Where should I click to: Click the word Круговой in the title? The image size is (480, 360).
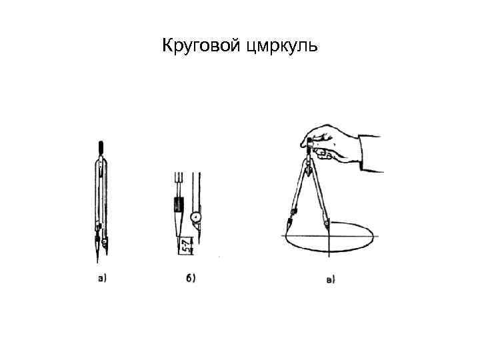[x=201, y=46]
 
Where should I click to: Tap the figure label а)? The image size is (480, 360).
[x=102, y=278]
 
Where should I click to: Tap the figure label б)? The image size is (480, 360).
[x=191, y=278]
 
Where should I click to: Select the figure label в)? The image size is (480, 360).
[x=331, y=280]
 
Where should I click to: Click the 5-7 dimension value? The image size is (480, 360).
[x=185, y=246]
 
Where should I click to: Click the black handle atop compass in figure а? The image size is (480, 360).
[x=101, y=148]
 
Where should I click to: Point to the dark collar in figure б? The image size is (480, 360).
[x=179, y=204]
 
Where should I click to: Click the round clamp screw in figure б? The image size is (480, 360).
[x=196, y=217]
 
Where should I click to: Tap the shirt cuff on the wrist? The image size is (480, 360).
[x=371, y=153]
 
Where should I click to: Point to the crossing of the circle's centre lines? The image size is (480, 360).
[x=329, y=236]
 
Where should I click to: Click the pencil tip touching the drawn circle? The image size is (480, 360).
[x=287, y=233]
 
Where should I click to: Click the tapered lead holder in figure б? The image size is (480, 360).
[x=179, y=224]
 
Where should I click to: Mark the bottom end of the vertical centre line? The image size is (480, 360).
[x=329, y=257]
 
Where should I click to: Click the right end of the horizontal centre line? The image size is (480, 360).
[x=379, y=236]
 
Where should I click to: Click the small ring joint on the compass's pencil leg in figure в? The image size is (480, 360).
[x=294, y=211]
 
